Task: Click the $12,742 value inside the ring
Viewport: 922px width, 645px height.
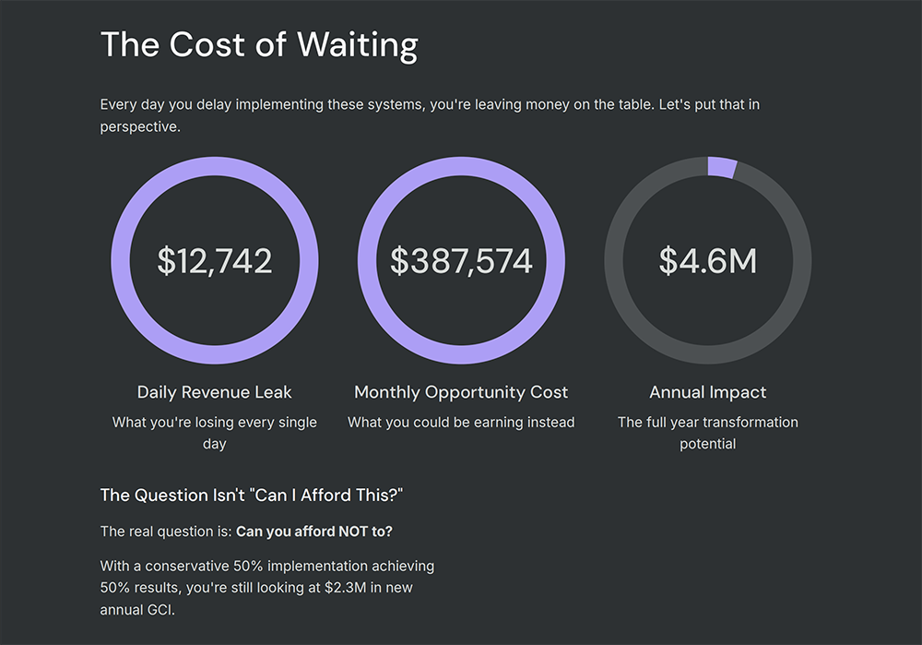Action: click(x=214, y=261)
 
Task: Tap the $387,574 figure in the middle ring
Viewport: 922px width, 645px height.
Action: click(x=461, y=261)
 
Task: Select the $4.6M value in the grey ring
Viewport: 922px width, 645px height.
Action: click(x=708, y=261)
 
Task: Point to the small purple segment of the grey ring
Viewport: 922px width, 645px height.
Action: click(x=722, y=168)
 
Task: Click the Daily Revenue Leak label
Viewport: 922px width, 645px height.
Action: click(x=214, y=392)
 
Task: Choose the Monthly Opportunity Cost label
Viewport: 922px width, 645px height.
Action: click(x=461, y=392)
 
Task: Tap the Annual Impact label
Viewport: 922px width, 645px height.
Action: click(x=708, y=392)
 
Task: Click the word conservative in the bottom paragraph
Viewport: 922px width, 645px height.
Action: click(x=192, y=565)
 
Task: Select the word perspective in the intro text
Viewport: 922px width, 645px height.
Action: click(x=139, y=127)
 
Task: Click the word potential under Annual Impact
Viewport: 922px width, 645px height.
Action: click(x=708, y=444)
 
